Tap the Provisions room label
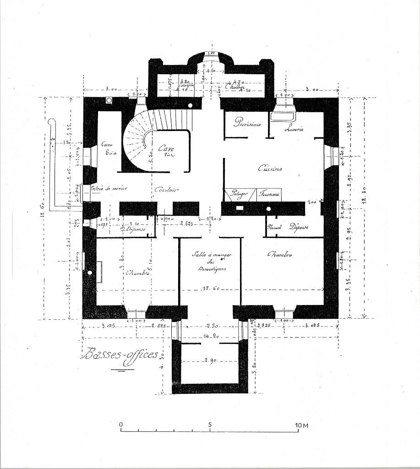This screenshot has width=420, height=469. [247, 122]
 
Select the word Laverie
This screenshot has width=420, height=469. [294, 129]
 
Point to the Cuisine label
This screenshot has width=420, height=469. [270, 168]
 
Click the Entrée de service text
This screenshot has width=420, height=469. [109, 188]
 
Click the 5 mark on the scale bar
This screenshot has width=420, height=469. [210, 425]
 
